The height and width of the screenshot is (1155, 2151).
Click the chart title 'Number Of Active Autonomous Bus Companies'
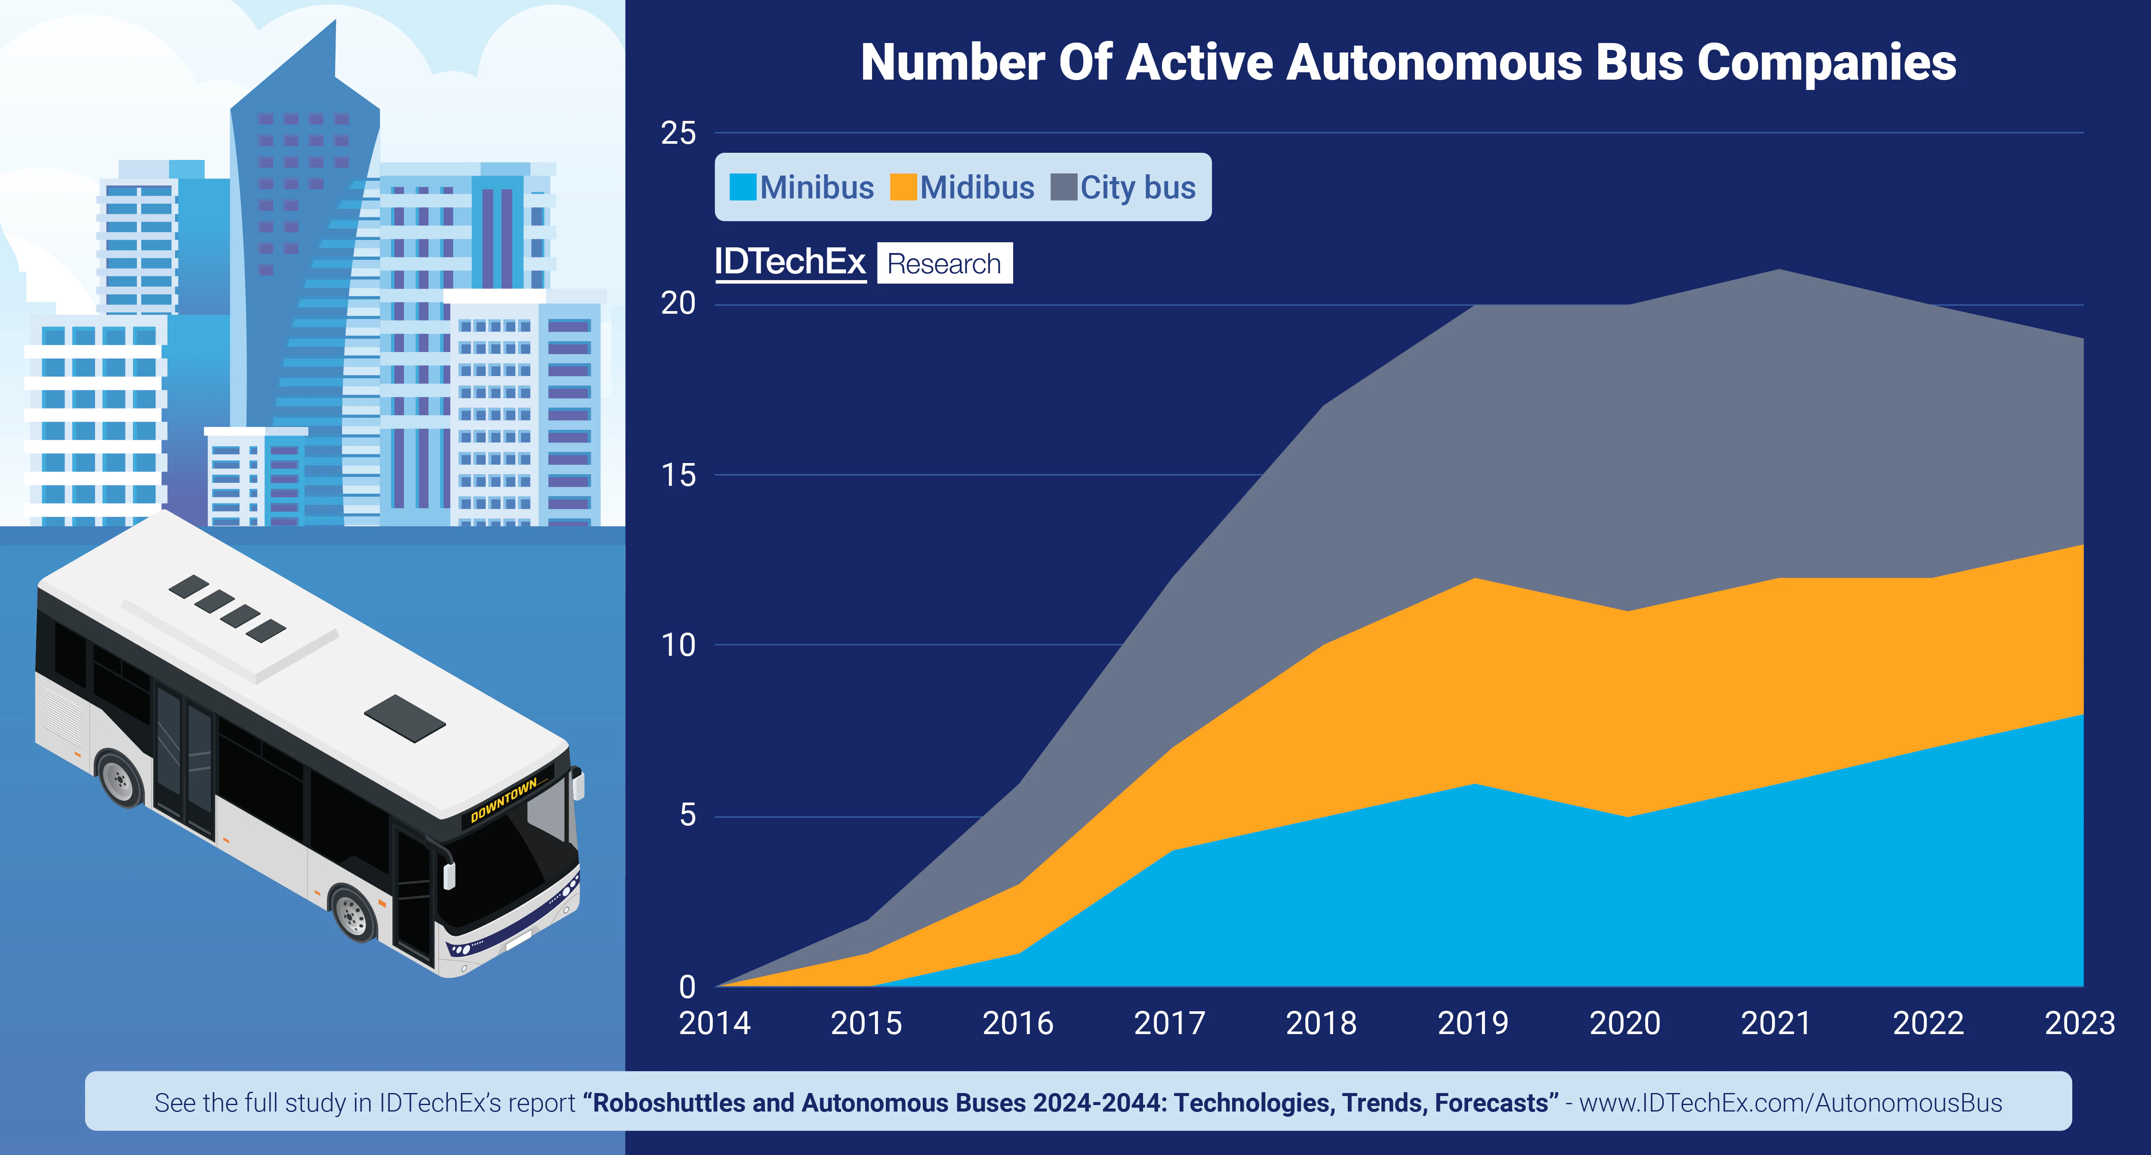click(1408, 63)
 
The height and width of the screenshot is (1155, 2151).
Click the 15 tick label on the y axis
click(678, 475)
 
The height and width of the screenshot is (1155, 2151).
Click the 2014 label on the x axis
click(715, 1023)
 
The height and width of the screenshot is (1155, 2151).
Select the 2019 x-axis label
click(1473, 1023)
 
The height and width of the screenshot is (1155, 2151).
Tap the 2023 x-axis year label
click(2079, 1023)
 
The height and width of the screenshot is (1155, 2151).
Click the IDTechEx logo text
click(790, 262)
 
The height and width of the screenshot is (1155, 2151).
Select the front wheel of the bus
click(353, 914)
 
